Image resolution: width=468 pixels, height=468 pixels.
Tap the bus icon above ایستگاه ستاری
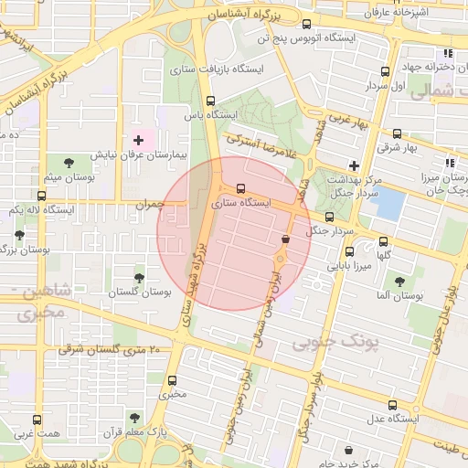[241, 189]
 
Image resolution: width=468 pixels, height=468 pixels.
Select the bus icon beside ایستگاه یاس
[211, 101]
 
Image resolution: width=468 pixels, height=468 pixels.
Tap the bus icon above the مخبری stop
[172, 380]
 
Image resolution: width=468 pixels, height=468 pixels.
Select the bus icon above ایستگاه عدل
[392, 405]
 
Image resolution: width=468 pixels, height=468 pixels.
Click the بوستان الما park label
[396, 297]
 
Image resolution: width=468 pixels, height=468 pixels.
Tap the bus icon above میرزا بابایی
[348, 251]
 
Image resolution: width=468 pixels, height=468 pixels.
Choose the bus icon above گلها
[383, 242]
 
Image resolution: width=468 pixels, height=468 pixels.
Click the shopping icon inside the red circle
[285, 239]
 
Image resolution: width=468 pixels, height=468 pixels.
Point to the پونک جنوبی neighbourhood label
[335, 342]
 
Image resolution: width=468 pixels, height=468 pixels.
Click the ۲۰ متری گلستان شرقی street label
[110, 350]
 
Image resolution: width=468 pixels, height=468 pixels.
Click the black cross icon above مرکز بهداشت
[354, 165]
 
